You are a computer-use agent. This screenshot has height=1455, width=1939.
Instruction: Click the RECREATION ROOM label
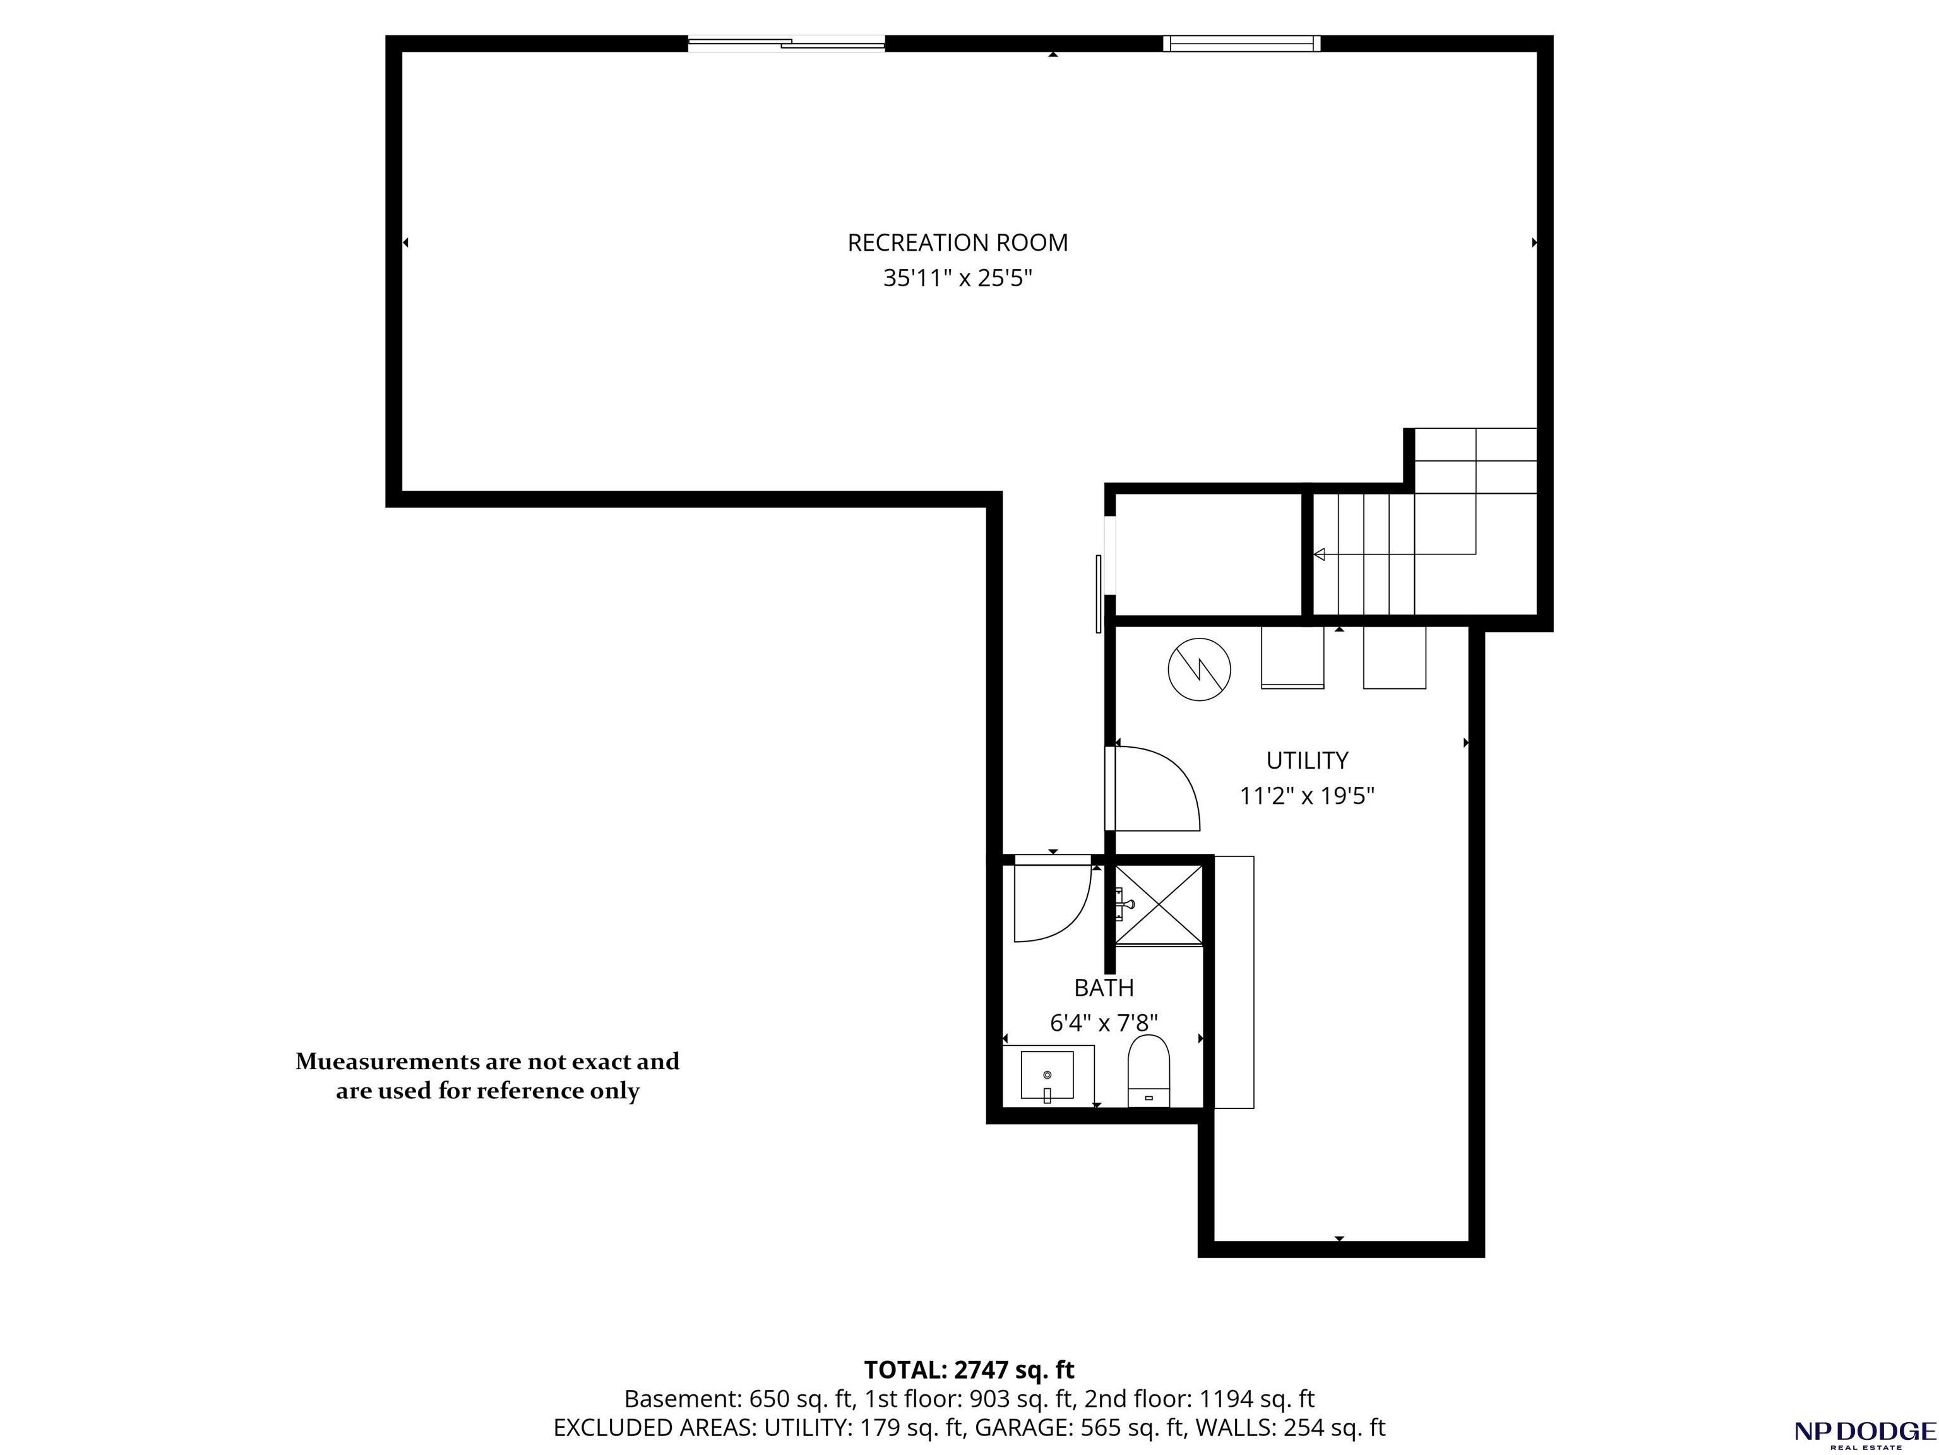point(957,242)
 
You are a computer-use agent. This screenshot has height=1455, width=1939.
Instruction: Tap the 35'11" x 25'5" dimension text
point(957,278)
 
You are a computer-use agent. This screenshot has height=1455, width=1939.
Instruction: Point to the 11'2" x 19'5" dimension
point(1307,796)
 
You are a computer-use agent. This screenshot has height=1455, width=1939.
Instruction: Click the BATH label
point(1104,988)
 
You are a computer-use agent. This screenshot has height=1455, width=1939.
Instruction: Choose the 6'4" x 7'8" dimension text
point(1104,1023)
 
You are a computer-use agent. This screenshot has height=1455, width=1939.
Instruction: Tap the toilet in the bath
point(1148,1070)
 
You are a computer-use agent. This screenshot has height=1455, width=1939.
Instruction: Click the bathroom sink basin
point(1047,1075)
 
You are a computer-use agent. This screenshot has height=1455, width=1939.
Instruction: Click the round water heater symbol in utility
point(1199,669)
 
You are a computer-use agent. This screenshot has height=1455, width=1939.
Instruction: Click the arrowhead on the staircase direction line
point(1318,554)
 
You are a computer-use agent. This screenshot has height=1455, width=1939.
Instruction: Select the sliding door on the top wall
point(786,43)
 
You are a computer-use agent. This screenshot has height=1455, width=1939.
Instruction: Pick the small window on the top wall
point(1241,43)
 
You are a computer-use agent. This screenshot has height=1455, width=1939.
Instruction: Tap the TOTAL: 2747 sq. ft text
point(970,1369)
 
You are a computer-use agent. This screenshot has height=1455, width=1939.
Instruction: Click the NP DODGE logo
point(1864,1434)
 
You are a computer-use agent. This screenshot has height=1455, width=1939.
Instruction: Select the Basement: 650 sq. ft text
point(740,1399)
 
